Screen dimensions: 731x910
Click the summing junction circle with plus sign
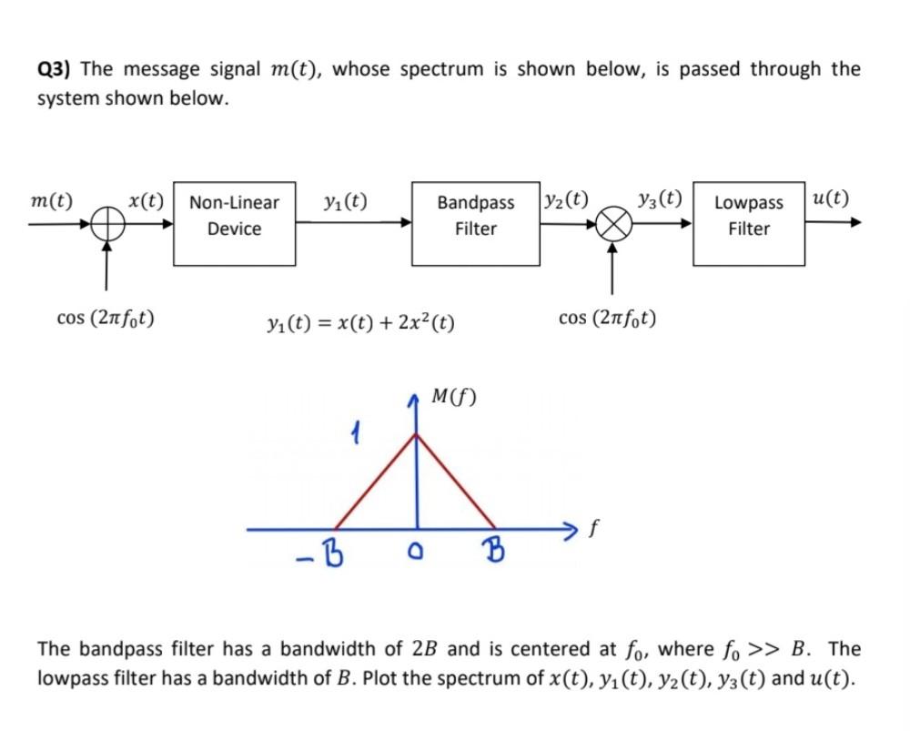pos(107,223)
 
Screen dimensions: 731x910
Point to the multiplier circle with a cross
pos(612,223)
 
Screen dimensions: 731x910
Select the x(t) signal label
pos(146,199)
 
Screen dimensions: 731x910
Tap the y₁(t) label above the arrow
pos(345,199)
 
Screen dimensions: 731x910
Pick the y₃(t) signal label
pos(661,198)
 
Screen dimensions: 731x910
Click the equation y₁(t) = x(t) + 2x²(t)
pos(361,322)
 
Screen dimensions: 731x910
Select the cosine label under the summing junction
pos(105,319)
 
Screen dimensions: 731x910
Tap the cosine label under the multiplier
pos(609,319)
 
